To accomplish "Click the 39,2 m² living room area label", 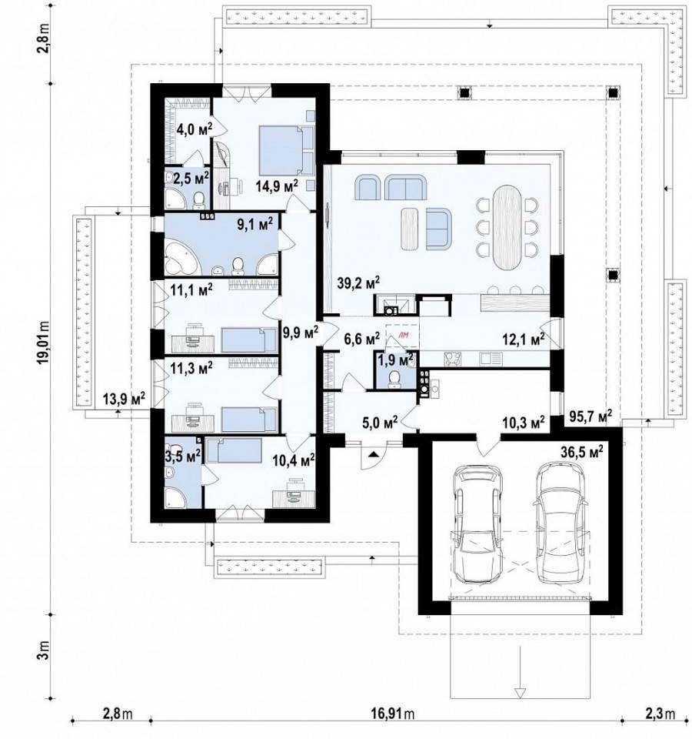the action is [x=358, y=283].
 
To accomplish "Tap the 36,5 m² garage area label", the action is [x=582, y=453].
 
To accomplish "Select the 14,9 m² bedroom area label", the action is [x=277, y=186].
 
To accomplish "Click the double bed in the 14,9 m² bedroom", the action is [x=287, y=150].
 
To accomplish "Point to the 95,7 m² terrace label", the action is [x=591, y=415].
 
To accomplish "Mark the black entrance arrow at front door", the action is [x=374, y=454].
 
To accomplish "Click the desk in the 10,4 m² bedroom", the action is [x=294, y=498].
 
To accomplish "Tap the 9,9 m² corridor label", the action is [x=301, y=333].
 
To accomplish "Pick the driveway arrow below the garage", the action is [x=520, y=680].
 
